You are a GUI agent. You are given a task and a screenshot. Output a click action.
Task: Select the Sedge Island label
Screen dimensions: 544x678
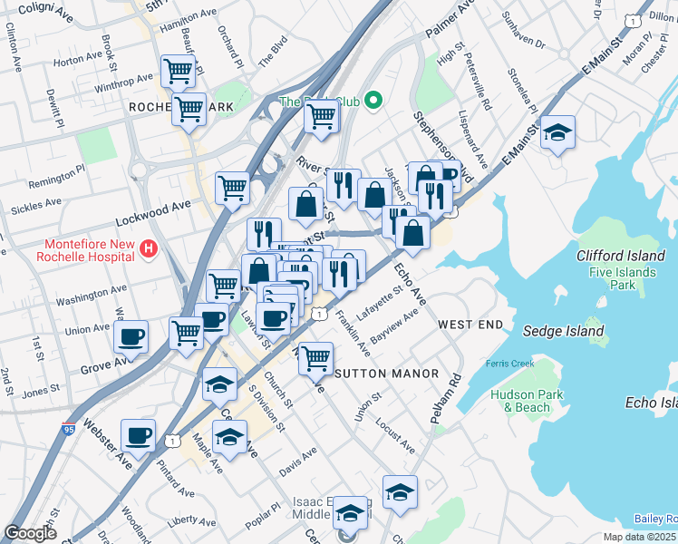pos(566,331)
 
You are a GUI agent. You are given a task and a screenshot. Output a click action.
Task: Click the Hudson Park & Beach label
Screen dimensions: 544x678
pos(527,401)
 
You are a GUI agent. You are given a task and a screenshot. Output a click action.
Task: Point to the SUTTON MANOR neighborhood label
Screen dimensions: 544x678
pos(387,374)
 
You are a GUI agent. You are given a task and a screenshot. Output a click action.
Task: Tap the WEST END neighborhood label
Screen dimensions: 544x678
pos(470,324)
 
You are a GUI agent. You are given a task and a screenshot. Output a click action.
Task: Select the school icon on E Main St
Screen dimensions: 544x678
pos(557,133)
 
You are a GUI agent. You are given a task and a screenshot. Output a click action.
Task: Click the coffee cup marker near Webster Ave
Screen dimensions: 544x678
pos(138,436)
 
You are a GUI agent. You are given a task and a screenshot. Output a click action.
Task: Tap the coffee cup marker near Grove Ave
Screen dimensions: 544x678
pos(131,337)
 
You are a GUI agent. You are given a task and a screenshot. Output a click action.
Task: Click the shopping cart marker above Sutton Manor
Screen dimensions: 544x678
pos(315,357)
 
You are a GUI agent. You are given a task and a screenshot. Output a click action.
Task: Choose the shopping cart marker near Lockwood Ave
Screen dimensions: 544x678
pos(232,188)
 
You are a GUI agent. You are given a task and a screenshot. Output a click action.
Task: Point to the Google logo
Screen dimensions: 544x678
pos(30,533)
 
